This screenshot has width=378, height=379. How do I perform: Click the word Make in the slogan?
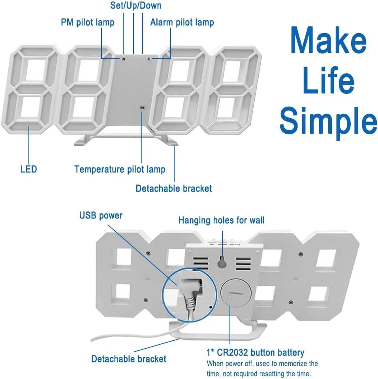(328, 40)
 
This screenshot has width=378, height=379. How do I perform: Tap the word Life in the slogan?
(327, 81)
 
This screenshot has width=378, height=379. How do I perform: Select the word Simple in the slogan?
(328, 120)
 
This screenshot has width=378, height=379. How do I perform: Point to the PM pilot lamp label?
(88, 22)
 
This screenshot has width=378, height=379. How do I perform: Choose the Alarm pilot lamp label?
(182, 22)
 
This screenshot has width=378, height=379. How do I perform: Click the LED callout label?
(28, 170)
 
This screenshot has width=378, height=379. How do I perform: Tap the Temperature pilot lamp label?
(120, 170)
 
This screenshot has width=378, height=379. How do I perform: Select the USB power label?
(101, 215)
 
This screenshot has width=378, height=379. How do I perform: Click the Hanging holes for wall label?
(222, 220)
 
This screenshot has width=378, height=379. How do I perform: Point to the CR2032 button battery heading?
(256, 352)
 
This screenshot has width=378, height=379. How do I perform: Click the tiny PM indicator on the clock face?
(123, 59)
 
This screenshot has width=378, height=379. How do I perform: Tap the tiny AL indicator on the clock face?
(149, 59)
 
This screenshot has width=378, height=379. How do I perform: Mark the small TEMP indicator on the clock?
(142, 107)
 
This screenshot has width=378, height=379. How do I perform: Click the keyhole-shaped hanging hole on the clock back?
(222, 261)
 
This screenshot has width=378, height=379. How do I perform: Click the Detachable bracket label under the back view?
(129, 359)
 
